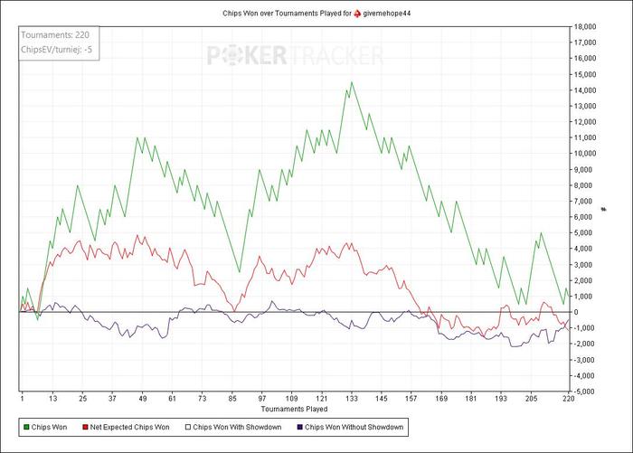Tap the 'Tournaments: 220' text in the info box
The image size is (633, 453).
53,35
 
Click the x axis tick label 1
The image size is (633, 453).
21,399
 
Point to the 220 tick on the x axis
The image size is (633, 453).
567,399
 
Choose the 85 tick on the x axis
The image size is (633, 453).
232,399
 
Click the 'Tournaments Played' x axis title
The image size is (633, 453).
294,410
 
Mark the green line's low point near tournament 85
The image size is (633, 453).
239,272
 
